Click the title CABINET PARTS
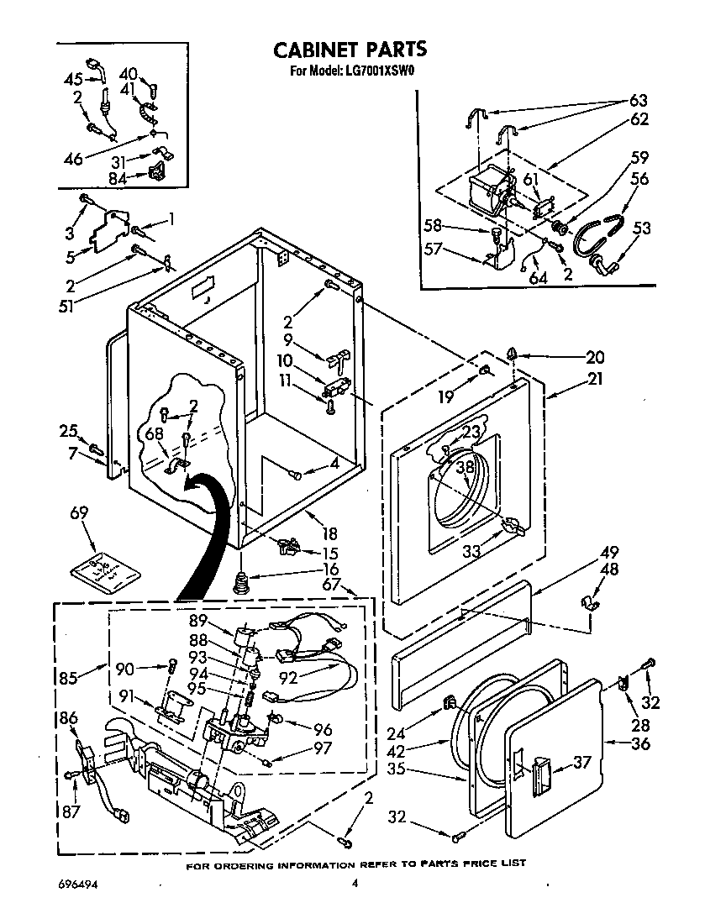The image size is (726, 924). click(350, 50)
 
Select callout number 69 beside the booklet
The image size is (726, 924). click(79, 513)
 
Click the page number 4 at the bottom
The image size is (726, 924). click(355, 883)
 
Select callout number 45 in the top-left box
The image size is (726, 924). click(73, 80)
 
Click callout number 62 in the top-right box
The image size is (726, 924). click(639, 119)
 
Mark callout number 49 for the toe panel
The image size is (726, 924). click(609, 552)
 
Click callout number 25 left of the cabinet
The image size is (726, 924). click(68, 432)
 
